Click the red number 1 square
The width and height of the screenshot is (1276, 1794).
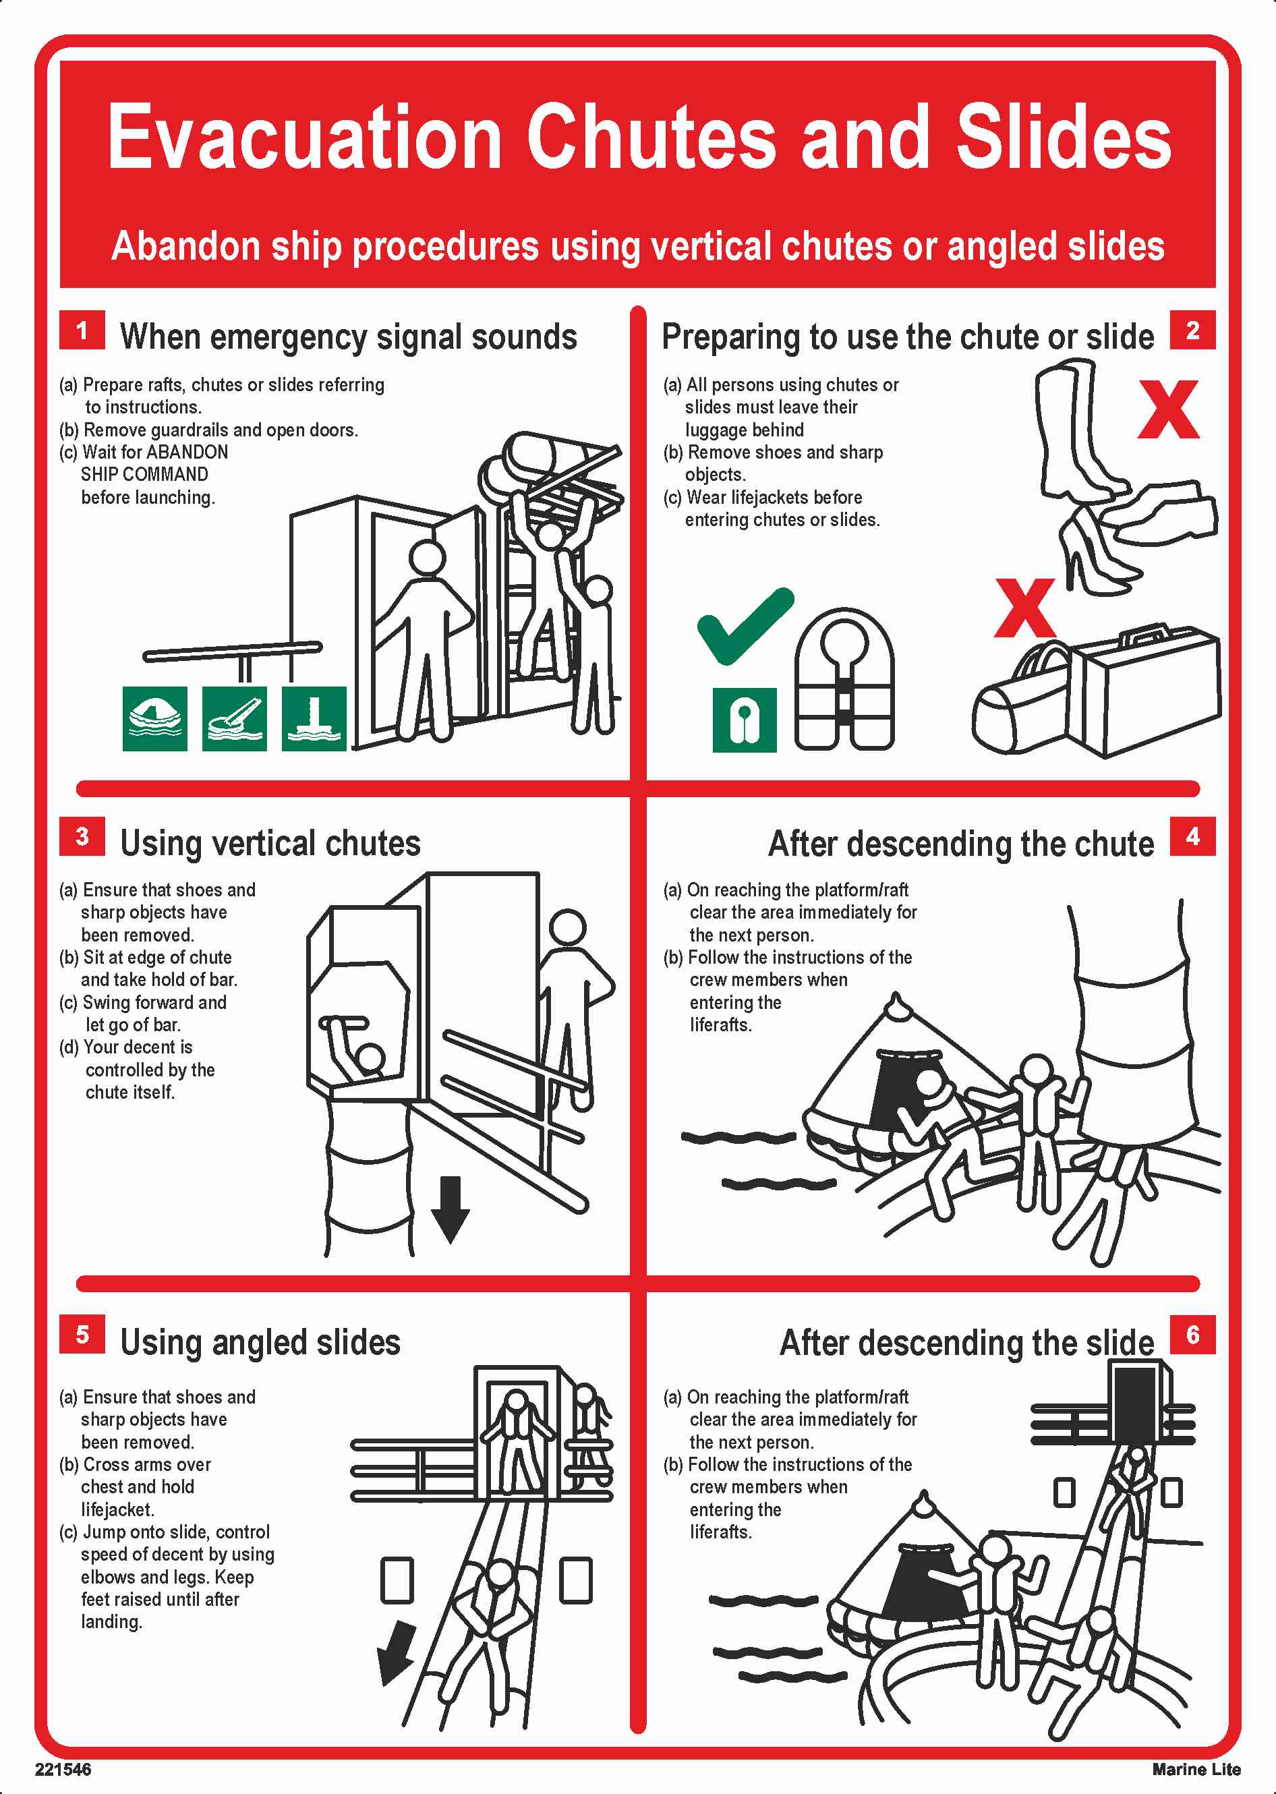(82, 330)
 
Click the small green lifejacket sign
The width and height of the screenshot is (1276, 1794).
(744, 720)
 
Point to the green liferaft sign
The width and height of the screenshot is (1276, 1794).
(155, 718)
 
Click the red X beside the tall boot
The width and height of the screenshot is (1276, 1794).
(1168, 409)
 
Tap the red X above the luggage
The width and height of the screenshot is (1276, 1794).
(1024, 608)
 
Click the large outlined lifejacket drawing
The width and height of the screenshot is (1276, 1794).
(844, 681)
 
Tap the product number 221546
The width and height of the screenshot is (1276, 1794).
(63, 1770)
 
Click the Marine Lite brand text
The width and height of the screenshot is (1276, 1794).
(1196, 1770)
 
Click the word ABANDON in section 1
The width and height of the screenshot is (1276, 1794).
(187, 452)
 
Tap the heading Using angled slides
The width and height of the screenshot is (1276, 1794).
(260, 1342)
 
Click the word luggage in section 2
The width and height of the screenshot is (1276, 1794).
(744, 430)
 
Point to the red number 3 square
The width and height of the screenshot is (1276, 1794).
(82, 836)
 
